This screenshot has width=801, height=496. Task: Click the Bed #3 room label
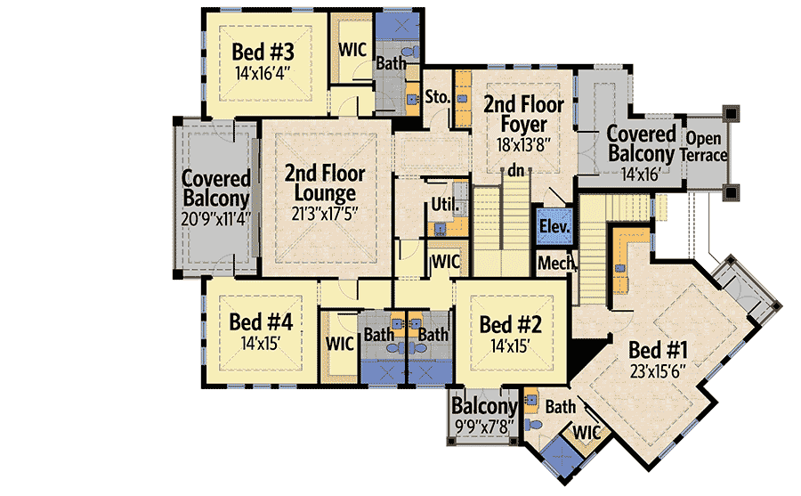(263, 52)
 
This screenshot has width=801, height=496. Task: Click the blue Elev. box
(554, 226)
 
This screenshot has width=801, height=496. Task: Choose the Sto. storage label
(436, 96)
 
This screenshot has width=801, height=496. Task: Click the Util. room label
(444, 206)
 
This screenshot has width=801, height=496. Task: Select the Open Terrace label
(704, 146)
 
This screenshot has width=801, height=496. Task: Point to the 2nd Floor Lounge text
(320, 183)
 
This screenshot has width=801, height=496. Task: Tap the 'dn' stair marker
(516, 171)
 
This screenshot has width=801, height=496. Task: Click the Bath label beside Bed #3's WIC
(390, 63)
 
